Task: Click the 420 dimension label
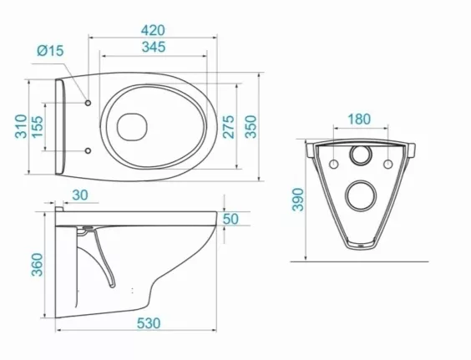153,30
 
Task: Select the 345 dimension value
154,47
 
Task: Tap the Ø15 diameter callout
50,50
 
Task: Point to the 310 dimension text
21,126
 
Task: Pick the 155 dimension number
38,127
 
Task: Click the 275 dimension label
228,126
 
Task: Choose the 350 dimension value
251,126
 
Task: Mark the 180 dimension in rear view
359,119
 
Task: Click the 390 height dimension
299,200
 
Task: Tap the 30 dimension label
80,195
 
